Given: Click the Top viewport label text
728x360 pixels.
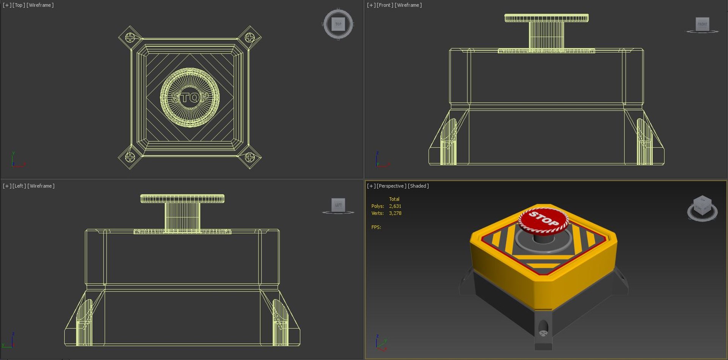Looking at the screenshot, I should click(19, 5).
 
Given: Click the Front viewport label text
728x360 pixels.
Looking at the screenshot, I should click(384, 5).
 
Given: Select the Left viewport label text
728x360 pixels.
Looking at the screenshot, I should click(19, 186).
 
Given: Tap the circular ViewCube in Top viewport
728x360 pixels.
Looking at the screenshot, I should click(338, 24).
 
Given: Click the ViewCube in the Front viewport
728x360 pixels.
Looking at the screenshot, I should click(702, 24).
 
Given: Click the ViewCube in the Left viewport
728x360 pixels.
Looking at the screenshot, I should click(338, 205).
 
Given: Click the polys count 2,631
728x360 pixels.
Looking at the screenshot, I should click(395, 206).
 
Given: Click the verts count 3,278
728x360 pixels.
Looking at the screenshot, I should click(395, 213).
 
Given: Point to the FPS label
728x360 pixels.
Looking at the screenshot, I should click(376, 227).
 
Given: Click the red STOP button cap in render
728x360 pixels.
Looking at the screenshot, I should click(543, 220).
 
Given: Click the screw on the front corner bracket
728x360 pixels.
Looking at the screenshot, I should click(543, 333).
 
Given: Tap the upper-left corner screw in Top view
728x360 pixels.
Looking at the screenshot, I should click(130, 37).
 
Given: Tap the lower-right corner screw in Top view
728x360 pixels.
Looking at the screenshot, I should click(249, 157).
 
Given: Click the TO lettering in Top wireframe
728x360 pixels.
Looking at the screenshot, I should click(190, 98).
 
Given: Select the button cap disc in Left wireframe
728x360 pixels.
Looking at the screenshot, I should click(182, 198).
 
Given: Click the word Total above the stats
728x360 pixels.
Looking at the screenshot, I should click(394, 199).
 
